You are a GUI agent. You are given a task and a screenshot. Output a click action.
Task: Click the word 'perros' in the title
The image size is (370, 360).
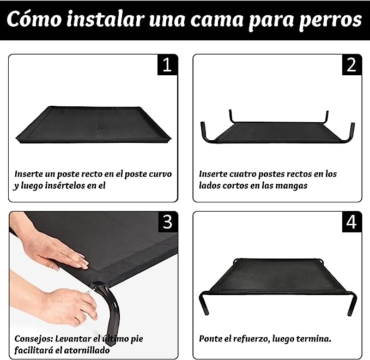tap(330, 20)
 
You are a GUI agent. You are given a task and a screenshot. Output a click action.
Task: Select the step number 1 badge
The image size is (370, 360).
tap(167, 65)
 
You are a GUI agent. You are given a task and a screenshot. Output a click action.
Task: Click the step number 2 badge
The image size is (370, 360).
tap(351, 65)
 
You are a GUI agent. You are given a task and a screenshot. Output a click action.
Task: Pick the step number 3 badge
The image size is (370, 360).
tap(167, 222)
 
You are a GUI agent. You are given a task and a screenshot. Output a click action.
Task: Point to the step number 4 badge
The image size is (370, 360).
tap(351, 222)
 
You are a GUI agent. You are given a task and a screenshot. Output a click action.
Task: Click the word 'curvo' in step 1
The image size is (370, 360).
tap(160, 174)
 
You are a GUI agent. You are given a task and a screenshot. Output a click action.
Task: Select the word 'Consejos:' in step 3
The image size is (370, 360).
tap(34, 339)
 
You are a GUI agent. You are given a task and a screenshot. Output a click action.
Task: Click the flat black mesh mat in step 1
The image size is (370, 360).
tap(93, 124)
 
